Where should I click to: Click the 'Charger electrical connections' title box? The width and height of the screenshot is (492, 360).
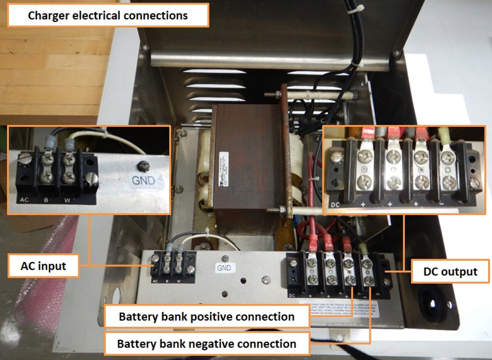[x=108, y=15]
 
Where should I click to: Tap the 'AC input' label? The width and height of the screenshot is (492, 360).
[x=43, y=266]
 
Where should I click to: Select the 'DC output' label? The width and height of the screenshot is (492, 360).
[x=450, y=272]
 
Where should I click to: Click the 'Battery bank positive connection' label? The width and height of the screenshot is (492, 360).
[x=206, y=317]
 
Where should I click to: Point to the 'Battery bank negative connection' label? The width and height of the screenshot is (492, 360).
[x=206, y=344]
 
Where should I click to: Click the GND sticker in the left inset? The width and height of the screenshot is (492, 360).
[x=144, y=181]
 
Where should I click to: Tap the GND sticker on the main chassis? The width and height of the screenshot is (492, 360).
[x=224, y=267]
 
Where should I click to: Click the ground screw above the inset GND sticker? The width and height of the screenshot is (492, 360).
[x=143, y=165]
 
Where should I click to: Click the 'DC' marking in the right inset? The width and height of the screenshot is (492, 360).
[x=335, y=204]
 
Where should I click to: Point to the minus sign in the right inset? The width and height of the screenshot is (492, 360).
[x=441, y=204]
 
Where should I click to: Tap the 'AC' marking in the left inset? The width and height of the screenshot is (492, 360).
[x=24, y=200]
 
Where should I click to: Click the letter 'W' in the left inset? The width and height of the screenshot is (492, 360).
[x=67, y=200]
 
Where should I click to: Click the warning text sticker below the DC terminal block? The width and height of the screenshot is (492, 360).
[x=344, y=309]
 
